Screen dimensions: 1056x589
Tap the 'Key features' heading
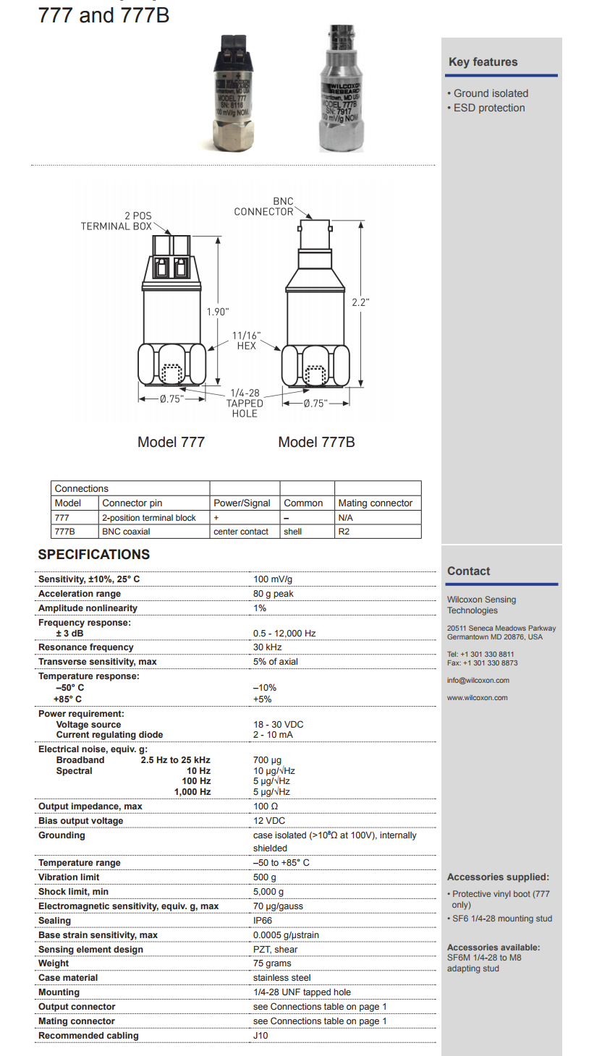tap(483, 62)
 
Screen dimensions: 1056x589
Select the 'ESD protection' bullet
tap(488, 108)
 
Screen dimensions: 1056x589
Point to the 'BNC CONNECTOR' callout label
tap(264, 206)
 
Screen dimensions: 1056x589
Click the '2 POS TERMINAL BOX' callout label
tap(116, 221)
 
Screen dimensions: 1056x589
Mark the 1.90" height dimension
tap(217, 311)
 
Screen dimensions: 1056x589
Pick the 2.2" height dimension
tap(360, 302)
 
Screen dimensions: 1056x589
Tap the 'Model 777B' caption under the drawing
tap(316, 442)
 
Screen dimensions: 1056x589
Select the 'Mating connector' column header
tap(375, 503)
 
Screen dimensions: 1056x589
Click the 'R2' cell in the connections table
tap(344, 532)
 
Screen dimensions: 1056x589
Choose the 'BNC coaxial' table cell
tap(127, 532)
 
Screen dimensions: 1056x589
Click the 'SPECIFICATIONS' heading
tap(94, 555)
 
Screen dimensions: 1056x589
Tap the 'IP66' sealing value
tap(263, 921)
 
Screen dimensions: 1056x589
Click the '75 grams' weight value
tap(272, 963)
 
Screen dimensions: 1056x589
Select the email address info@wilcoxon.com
tap(478, 681)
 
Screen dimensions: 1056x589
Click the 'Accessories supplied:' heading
tap(498, 877)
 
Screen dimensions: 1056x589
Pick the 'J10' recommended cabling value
tap(260, 1036)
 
